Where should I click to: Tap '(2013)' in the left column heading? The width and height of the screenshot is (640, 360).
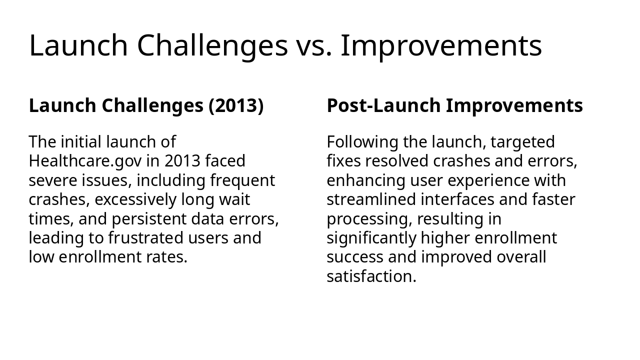click(235, 106)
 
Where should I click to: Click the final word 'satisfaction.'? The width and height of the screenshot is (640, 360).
click(371, 276)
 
